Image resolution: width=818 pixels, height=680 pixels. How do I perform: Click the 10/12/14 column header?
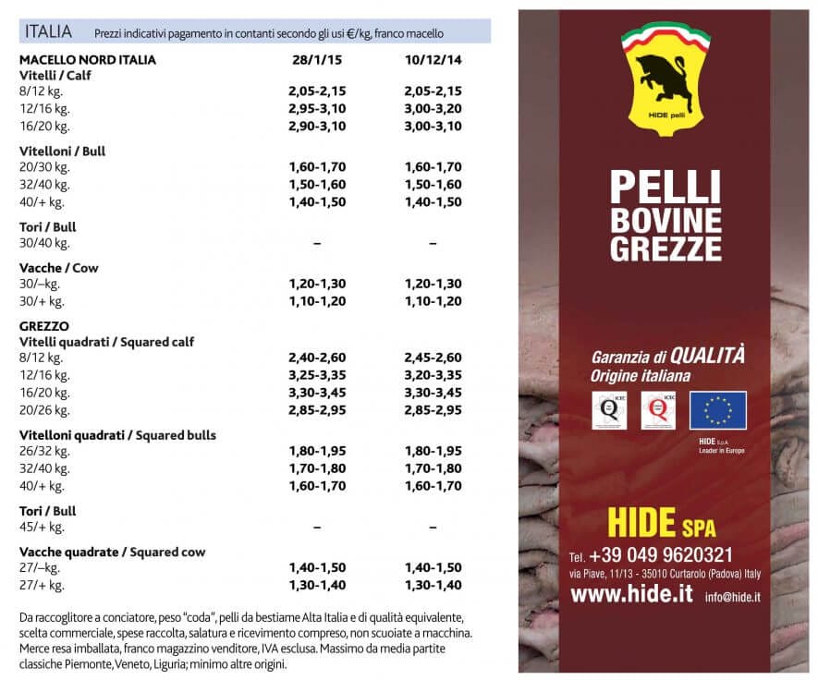tap(433, 59)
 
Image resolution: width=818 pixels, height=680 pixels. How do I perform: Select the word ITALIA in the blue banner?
tap(49, 31)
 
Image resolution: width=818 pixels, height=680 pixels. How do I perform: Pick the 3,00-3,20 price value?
tap(433, 108)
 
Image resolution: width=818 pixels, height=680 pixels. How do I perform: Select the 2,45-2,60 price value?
tap(433, 358)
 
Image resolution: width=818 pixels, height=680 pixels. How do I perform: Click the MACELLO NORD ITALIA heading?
tap(88, 59)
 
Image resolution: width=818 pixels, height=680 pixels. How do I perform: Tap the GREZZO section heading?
tap(44, 325)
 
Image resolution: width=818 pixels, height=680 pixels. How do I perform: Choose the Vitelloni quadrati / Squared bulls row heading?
tap(117, 434)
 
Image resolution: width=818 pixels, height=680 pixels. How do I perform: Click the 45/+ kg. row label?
tap(42, 527)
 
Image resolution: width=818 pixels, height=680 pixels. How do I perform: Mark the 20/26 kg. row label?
tap(44, 409)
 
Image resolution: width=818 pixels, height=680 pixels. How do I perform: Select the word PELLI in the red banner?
tap(665, 188)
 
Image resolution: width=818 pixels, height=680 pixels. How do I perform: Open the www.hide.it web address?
tap(631, 595)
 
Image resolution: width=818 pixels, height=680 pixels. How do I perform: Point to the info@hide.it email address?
tap(732, 598)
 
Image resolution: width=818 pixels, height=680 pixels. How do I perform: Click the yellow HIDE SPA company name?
tap(661, 523)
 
